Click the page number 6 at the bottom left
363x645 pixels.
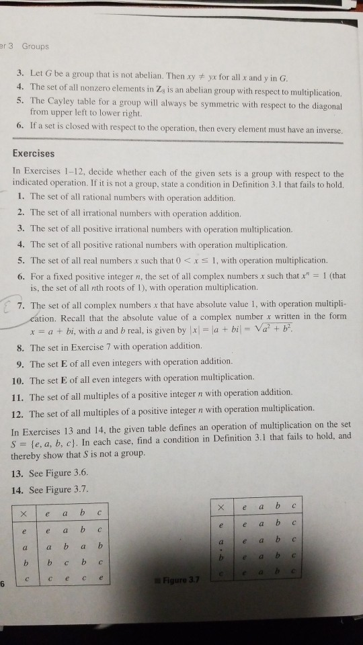[x=3, y=583]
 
